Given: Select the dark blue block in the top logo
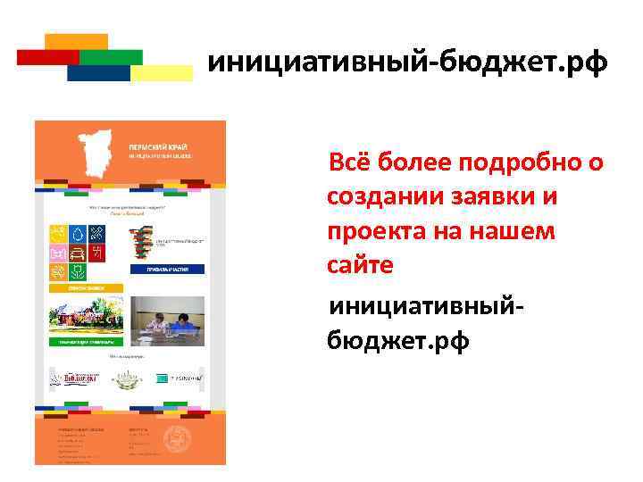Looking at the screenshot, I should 97,73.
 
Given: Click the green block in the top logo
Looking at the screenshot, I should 111,56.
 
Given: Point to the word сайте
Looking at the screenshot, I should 360,265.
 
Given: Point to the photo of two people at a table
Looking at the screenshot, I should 168,317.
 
